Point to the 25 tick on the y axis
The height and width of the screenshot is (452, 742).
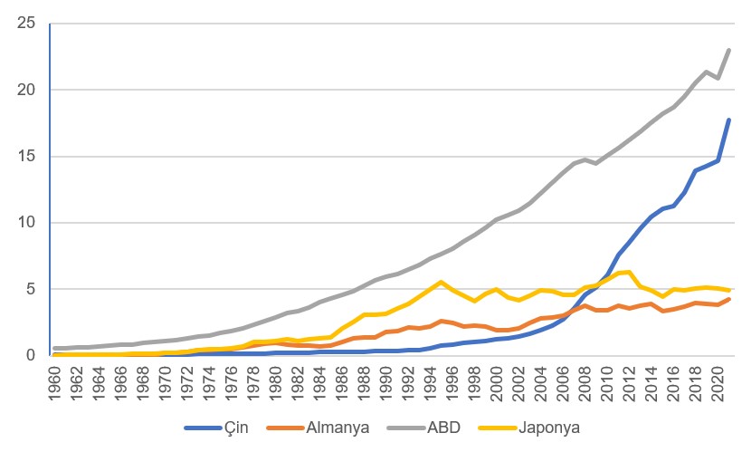click(x=26, y=24)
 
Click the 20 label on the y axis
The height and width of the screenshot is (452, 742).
click(x=26, y=90)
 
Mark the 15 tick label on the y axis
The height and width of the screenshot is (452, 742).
click(x=26, y=156)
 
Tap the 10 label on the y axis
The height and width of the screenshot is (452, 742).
click(x=26, y=223)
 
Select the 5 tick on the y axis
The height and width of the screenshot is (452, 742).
click(x=31, y=289)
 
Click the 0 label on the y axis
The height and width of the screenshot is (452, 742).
click(x=31, y=355)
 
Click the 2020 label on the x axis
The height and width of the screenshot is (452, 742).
click(x=718, y=380)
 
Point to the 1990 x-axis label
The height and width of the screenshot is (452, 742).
click(x=388, y=380)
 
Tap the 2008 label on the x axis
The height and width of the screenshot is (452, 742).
click(x=586, y=380)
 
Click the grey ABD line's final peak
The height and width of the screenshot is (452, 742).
click(x=729, y=50)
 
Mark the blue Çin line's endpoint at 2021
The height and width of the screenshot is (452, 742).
click(x=729, y=120)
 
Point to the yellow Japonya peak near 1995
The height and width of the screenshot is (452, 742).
click(x=442, y=282)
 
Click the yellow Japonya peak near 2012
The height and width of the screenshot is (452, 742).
click(x=629, y=272)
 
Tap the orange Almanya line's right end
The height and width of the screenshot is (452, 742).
click(x=729, y=299)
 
